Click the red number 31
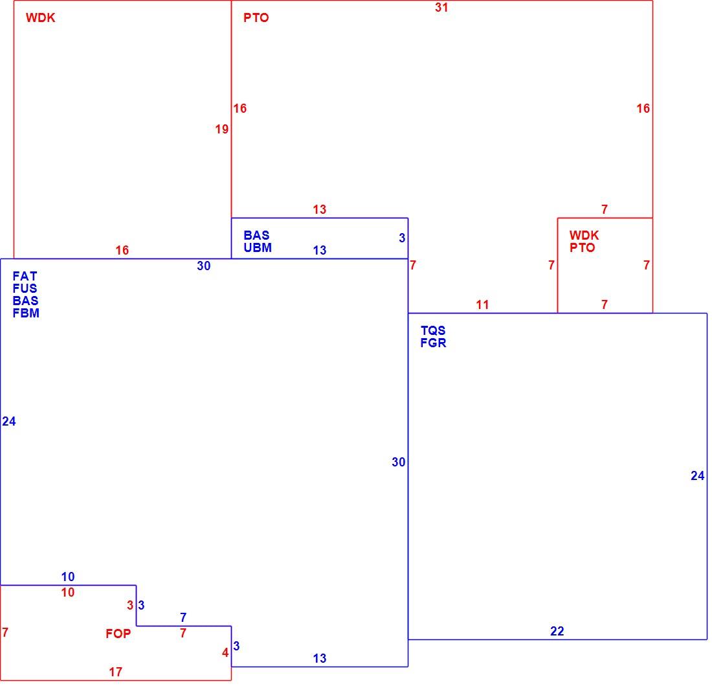pos(441,8)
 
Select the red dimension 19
pos(221,130)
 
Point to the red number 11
pos(482,305)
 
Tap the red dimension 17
pos(115,672)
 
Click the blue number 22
pos(557,631)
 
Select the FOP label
pos(118,634)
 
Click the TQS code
pos(433,331)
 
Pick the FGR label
pos(433,343)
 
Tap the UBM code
pos(258,247)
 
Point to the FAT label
pos(25,276)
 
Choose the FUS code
pos(25,288)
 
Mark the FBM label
pos(26,313)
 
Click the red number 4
pos(225,653)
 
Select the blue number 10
pos(68,577)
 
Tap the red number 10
pos(68,593)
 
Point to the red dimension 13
pos(319,209)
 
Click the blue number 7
pos(183,617)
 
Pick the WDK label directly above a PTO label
pos(584,235)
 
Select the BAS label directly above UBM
pos(256,235)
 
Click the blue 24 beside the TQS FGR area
pos(698,475)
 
